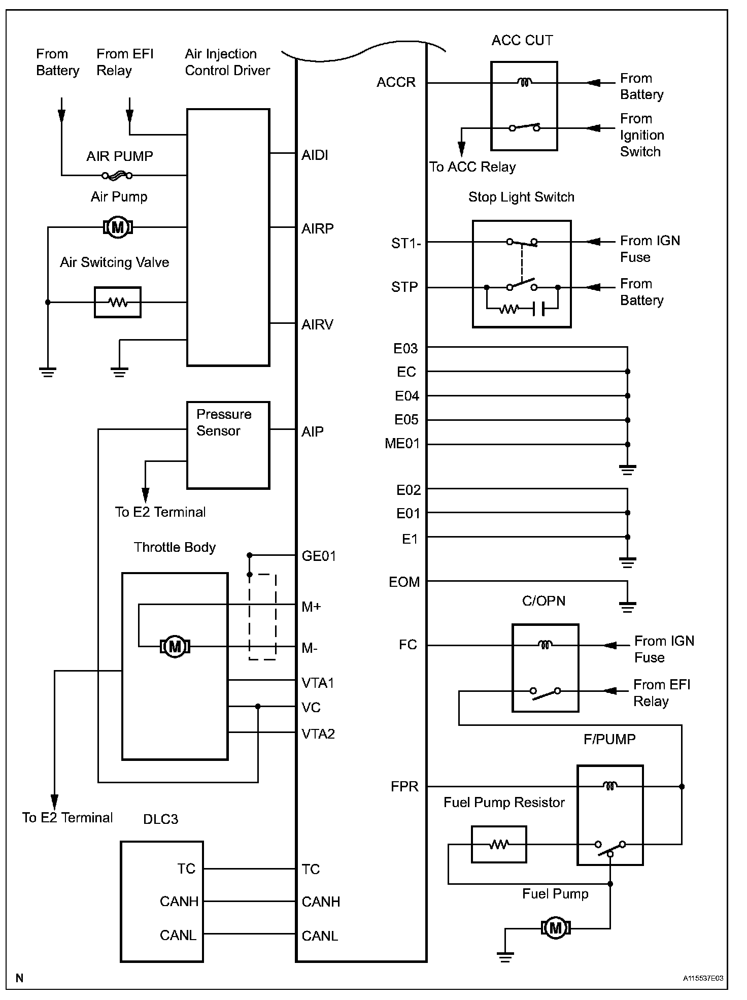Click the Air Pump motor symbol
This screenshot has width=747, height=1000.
tap(118, 227)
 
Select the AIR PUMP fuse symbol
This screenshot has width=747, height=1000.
tap(117, 176)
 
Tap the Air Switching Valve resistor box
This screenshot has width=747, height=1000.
tap(118, 303)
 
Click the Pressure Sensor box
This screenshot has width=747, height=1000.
tap(228, 445)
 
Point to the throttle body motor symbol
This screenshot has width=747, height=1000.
tap(175, 647)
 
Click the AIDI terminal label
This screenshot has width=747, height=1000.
tap(315, 155)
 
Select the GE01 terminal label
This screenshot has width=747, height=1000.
tap(319, 556)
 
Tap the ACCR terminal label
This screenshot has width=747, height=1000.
tap(396, 82)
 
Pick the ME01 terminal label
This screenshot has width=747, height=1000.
tap(402, 444)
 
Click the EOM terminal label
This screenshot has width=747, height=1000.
tap(404, 582)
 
